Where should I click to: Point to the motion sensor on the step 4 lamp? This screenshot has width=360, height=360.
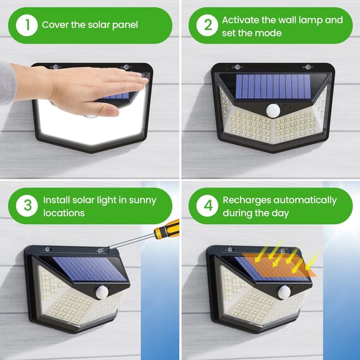(284, 292)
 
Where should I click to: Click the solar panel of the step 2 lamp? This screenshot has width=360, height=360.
(273, 86)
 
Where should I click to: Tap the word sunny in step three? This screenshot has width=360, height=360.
(141, 200)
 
